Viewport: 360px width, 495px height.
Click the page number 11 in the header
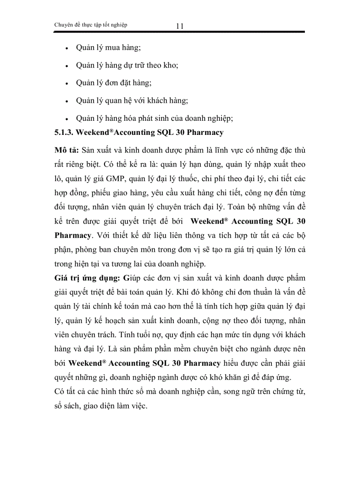pos(180,26)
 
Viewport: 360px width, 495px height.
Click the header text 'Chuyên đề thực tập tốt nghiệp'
pos(90,25)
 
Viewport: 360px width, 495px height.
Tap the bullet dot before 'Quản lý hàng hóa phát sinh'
pos(66,119)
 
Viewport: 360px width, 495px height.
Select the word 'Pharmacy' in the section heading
pos(205,132)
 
